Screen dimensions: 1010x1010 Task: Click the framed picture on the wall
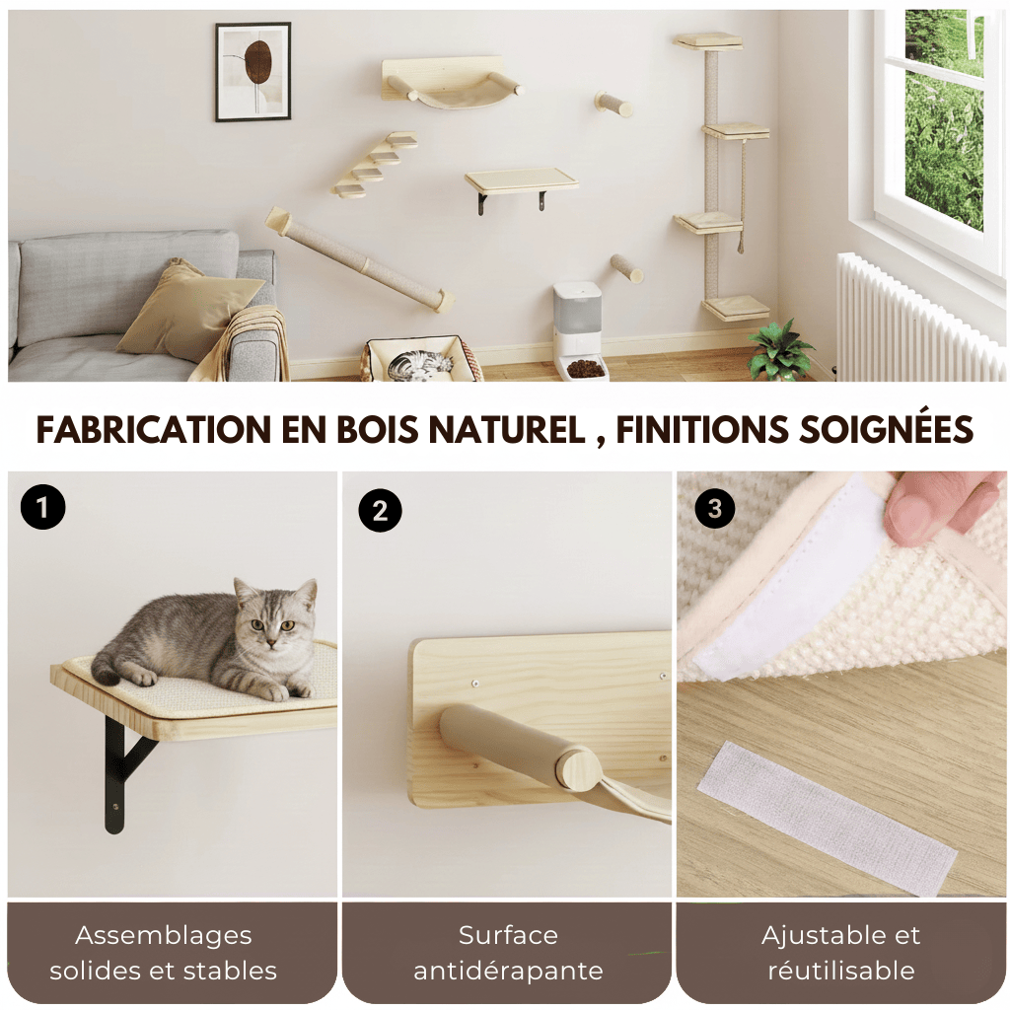[x=253, y=71]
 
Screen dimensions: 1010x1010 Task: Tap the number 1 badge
[x=42, y=507]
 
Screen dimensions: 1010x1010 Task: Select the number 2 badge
[x=380, y=510]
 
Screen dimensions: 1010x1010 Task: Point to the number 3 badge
[x=715, y=508]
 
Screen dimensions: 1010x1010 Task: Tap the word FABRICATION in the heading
[x=141, y=430]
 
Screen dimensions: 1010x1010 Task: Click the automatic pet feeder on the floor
[x=578, y=330]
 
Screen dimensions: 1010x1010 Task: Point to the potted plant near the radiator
[x=780, y=349]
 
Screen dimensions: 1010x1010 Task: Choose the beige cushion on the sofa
[x=184, y=310]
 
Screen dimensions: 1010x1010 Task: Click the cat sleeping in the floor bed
[x=420, y=364]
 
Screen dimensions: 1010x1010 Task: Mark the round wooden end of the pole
[x=579, y=768]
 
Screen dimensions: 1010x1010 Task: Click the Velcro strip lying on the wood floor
[x=826, y=818]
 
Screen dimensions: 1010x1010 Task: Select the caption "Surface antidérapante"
[x=508, y=953]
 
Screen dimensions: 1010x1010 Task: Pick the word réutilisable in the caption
[x=840, y=971]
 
